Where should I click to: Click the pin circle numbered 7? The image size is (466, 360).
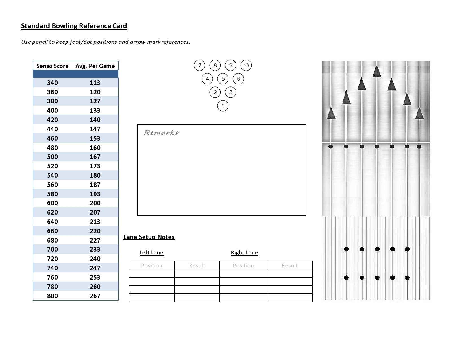pyautogui.click(x=199, y=66)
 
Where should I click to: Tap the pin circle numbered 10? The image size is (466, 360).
pyautogui.click(x=246, y=66)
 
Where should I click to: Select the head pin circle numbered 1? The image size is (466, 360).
pyautogui.click(x=223, y=106)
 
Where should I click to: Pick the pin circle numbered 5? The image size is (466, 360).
pyautogui.click(x=223, y=79)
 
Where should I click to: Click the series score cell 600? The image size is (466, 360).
pyautogui.click(x=52, y=203)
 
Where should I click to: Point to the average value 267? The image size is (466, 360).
pyautogui.click(x=95, y=296)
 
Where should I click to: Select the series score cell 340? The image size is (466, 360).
pyautogui.click(x=52, y=83)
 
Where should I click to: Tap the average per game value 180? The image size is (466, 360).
pyautogui.click(x=95, y=175)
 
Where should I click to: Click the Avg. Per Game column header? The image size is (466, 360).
pyautogui.click(x=95, y=66)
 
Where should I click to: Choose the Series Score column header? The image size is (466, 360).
pyautogui.click(x=52, y=66)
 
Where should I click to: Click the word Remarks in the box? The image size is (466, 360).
pyautogui.click(x=161, y=133)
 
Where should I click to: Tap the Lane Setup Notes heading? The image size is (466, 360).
pyautogui.click(x=149, y=237)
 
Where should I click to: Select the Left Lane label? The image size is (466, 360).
pyautogui.click(x=151, y=252)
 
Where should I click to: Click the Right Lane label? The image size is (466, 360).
pyautogui.click(x=244, y=252)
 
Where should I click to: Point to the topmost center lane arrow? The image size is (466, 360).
pyautogui.click(x=377, y=72)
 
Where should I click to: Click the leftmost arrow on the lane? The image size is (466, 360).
pyautogui.click(x=331, y=114)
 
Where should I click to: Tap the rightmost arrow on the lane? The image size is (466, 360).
pyautogui.click(x=419, y=114)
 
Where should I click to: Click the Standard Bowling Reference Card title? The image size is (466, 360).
pyautogui.click(x=74, y=26)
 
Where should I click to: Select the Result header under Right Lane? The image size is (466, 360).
pyautogui.click(x=289, y=265)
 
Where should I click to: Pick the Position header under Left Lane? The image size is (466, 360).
pyautogui.click(x=152, y=265)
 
